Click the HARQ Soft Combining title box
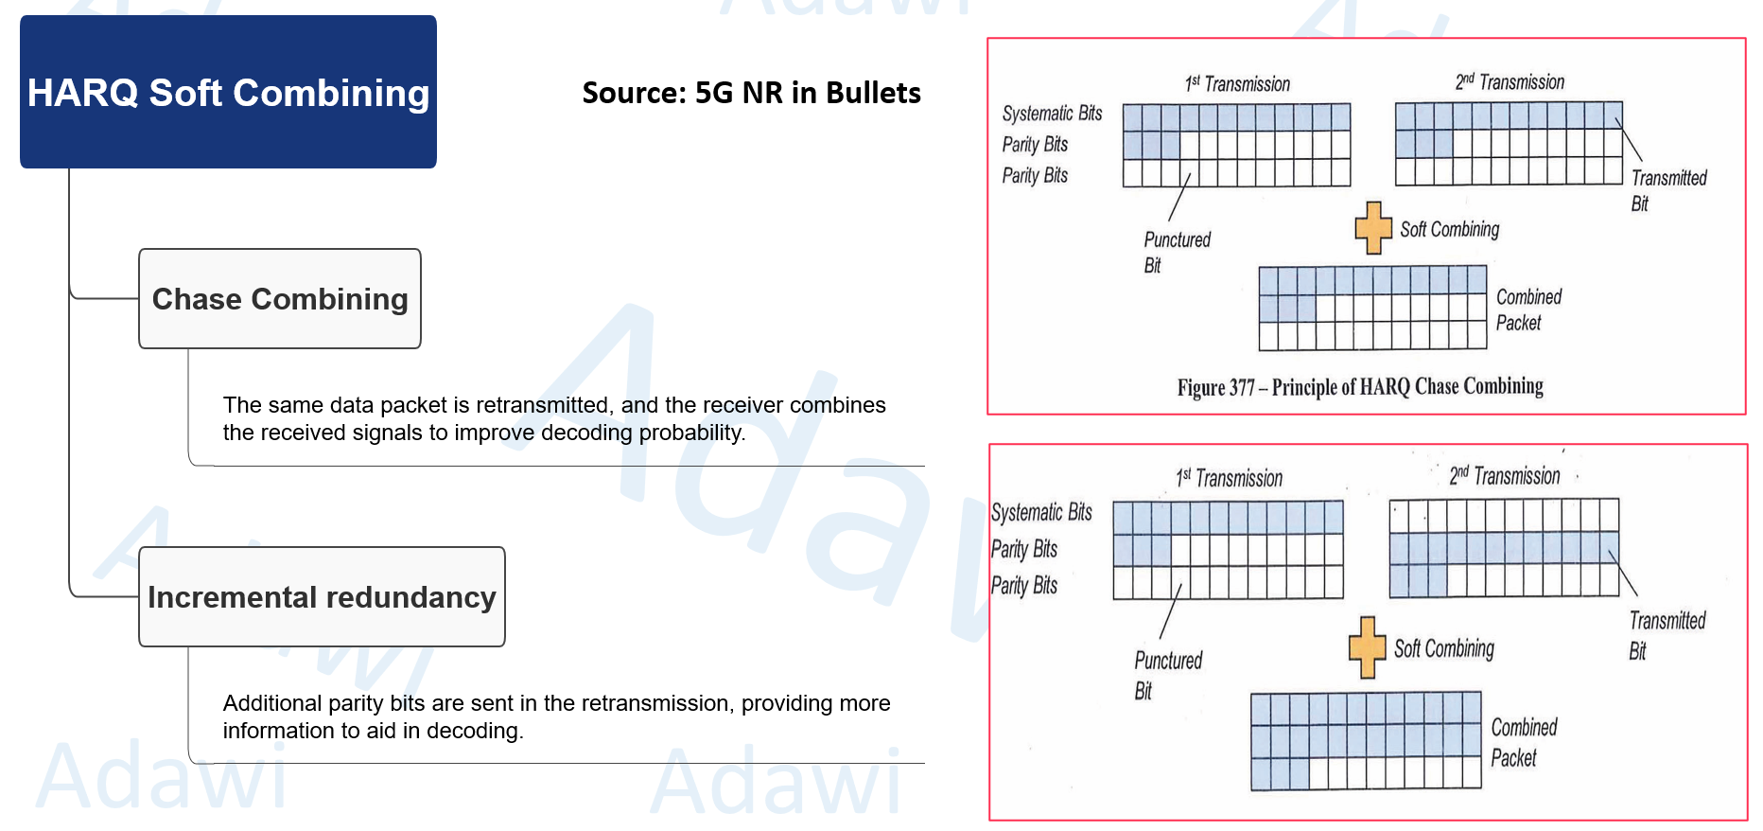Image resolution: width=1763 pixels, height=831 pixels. (x=228, y=92)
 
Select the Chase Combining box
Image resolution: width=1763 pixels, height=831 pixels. (x=280, y=299)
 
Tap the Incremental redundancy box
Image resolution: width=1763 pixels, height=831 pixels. (x=322, y=597)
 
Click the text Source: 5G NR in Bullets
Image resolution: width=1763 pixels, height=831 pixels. (x=751, y=93)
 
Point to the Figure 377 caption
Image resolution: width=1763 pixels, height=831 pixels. (x=1359, y=387)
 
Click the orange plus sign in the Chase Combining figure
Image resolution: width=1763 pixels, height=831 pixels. (x=1373, y=228)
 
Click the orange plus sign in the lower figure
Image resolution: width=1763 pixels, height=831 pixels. (x=1367, y=647)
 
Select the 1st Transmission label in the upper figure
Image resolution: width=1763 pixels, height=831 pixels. (x=1237, y=84)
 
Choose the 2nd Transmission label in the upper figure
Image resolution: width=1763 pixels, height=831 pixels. (x=1510, y=82)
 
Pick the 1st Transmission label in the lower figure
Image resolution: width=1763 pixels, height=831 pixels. (x=1230, y=478)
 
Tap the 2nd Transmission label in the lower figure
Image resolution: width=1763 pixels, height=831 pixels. (x=1504, y=475)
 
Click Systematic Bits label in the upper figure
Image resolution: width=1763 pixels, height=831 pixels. (x=1052, y=114)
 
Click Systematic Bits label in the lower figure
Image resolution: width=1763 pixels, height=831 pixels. (x=1041, y=512)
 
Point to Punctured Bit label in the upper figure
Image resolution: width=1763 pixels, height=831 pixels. (x=1176, y=252)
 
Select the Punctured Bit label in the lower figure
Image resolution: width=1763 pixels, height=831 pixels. (x=1167, y=675)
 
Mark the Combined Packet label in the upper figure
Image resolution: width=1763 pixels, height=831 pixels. (x=1527, y=309)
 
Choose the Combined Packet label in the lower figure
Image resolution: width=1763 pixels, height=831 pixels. (x=1523, y=742)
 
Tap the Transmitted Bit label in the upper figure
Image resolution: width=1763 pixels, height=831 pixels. (x=1667, y=190)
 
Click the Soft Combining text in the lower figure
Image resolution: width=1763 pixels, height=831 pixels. (x=1443, y=648)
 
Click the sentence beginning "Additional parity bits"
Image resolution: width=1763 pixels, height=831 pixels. (x=556, y=716)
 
